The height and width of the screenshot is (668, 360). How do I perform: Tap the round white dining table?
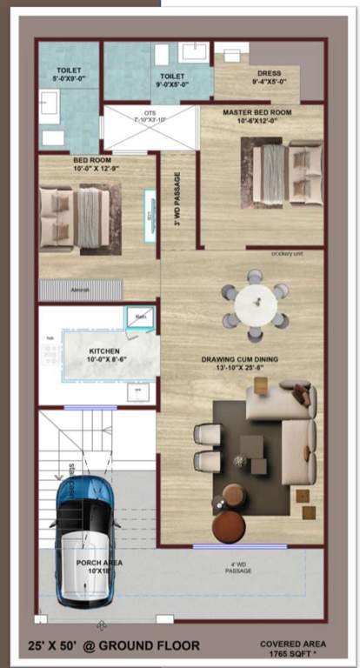point(256,304)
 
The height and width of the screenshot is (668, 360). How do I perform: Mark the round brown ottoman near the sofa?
point(230,525)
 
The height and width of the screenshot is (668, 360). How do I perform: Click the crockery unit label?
point(286,254)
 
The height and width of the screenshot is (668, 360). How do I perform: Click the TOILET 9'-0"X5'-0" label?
point(172,79)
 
